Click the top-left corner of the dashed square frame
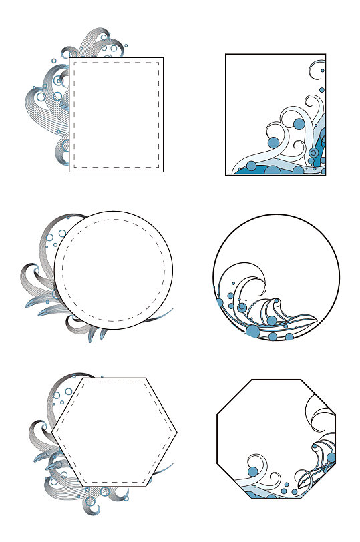point(73,62)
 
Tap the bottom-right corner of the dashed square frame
point(159,167)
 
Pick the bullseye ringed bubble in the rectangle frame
point(313,154)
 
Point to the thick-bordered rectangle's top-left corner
point(226,55)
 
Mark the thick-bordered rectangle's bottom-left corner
point(226,175)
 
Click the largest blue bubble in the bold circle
point(253,331)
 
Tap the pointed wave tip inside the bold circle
point(315,318)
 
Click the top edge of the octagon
point(276,380)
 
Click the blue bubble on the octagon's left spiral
point(252,471)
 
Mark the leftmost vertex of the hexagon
point(52,433)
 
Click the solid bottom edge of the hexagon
point(114,487)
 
